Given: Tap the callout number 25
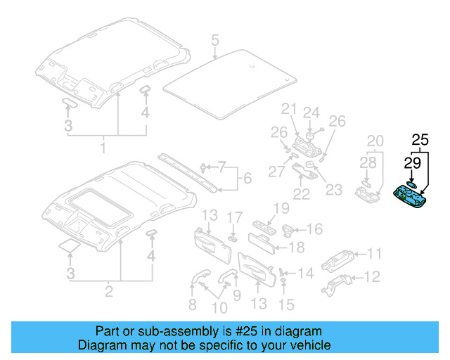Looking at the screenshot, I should pyautogui.click(x=420, y=140).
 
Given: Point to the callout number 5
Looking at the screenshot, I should pyautogui.click(x=215, y=39).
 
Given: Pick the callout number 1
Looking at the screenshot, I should pyautogui.click(x=103, y=148).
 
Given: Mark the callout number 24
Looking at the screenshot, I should pyautogui.click(x=311, y=112).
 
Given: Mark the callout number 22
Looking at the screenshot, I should pyautogui.click(x=301, y=193).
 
